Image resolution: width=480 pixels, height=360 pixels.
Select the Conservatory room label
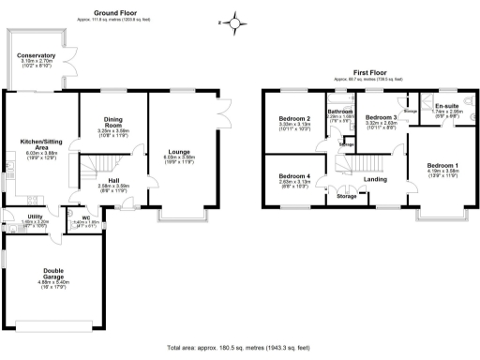pyautogui.click(x=36, y=55)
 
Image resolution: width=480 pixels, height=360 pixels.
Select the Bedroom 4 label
pyautogui.click(x=294, y=176)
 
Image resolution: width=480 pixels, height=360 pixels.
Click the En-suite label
pyautogui.click(x=446, y=106)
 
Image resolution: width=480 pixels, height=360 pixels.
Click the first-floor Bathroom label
pyautogui.click(x=339, y=112)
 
